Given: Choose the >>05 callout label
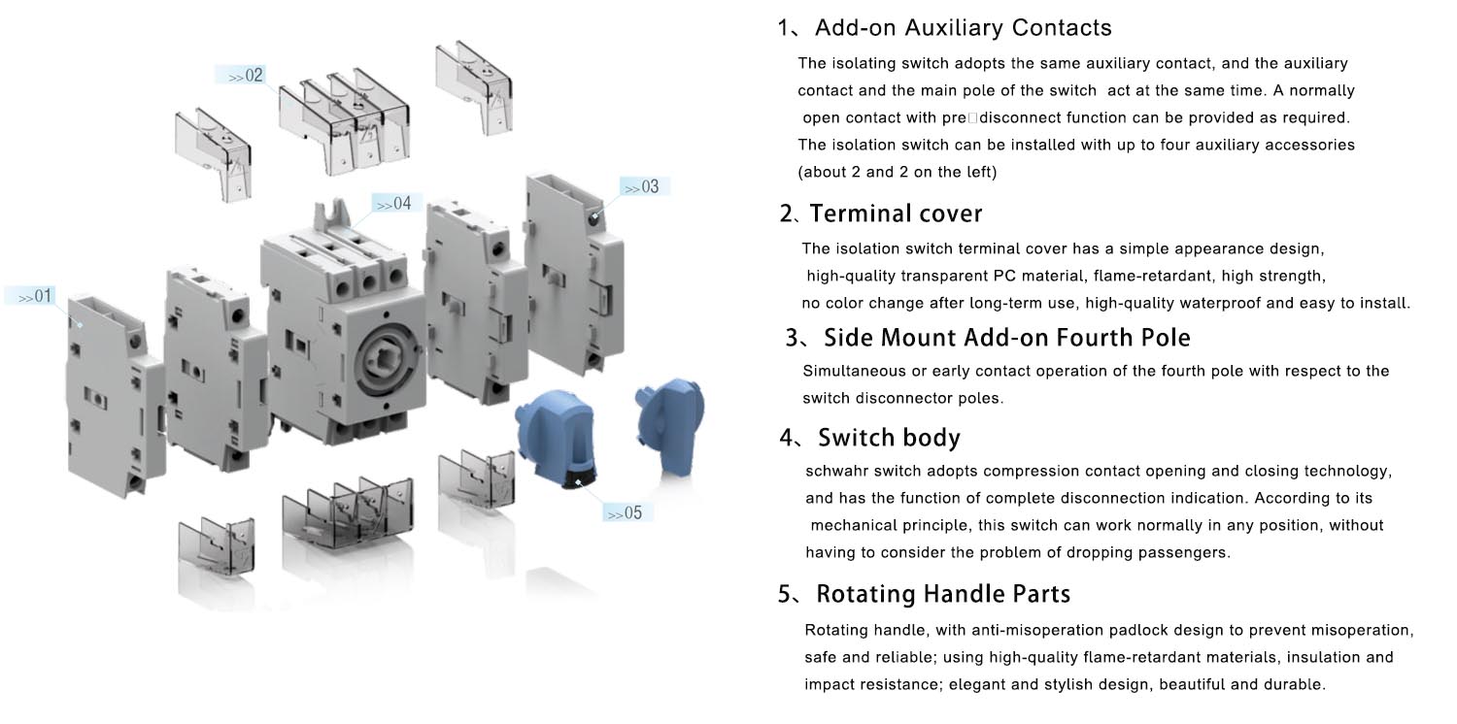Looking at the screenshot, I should (627, 512).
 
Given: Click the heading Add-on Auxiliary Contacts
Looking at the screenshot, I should (963, 27).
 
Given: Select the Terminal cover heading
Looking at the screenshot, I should (895, 214).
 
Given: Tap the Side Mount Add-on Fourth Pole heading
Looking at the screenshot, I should (1006, 338).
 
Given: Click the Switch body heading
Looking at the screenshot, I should (889, 438).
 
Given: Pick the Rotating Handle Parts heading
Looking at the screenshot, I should (942, 594).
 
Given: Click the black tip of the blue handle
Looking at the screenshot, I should (582, 479).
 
